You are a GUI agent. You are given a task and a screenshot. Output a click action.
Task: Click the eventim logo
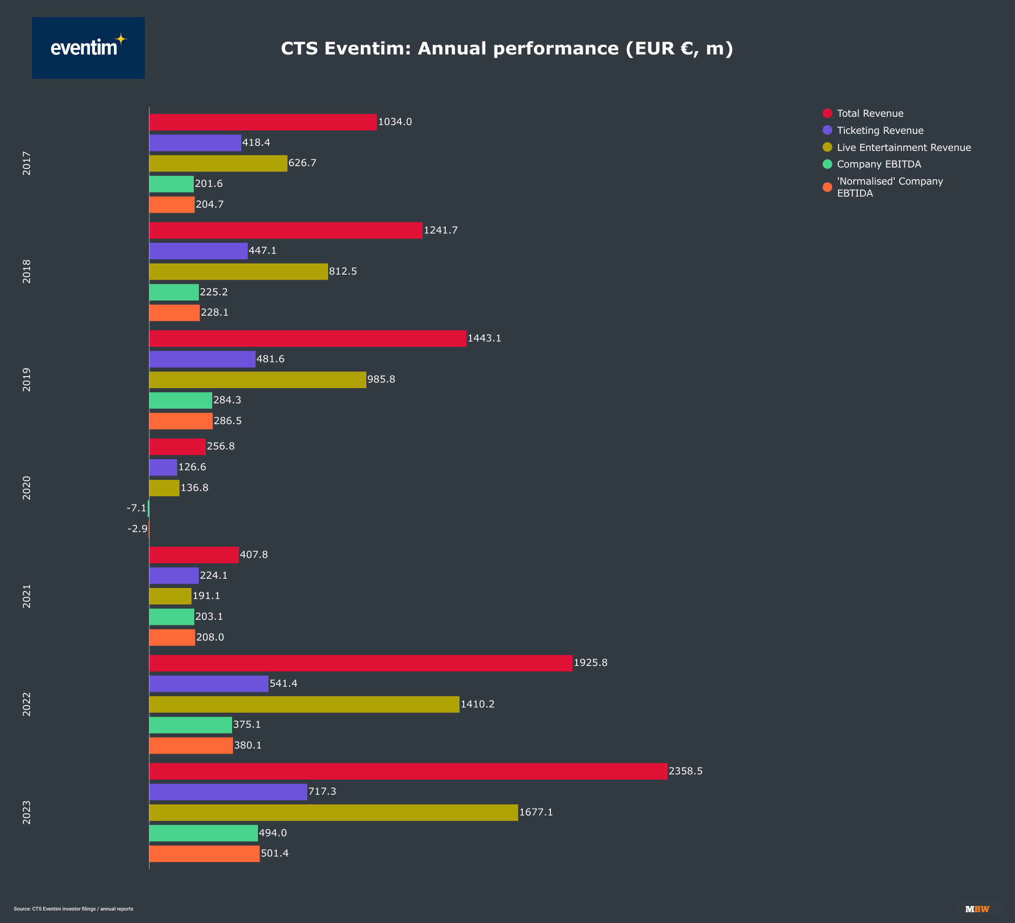click(88, 48)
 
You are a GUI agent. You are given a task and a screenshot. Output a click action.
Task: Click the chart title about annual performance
click(507, 48)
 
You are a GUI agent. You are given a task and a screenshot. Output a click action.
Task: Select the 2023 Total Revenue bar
click(408, 771)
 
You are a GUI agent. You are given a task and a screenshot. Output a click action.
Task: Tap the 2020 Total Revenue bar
click(177, 447)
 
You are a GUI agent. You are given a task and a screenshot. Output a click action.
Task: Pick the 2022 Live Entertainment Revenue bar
click(304, 704)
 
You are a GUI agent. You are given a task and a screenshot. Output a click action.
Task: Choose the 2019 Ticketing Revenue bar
click(203, 359)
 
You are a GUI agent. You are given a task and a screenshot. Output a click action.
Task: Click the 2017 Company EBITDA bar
click(171, 184)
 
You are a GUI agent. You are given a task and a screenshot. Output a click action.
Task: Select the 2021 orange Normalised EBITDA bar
click(172, 637)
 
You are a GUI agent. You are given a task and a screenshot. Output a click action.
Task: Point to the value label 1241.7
click(441, 230)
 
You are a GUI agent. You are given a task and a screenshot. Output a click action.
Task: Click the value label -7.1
click(137, 508)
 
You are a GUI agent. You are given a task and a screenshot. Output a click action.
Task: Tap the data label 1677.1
click(536, 812)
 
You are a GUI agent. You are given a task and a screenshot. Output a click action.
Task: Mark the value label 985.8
click(381, 379)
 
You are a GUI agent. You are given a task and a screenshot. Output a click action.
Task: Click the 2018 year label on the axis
click(27, 271)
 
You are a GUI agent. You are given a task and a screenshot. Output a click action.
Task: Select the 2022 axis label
click(27, 704)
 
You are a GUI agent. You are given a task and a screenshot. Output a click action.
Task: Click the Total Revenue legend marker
click(827, 113)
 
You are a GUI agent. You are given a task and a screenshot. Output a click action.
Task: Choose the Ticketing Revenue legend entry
click(879, 131)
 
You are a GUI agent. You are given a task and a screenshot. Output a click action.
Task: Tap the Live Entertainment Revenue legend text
click(904, 148)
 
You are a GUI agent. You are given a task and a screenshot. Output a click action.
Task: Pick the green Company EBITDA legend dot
click(827, 164)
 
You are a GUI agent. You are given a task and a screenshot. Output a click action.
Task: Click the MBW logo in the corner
click(977, 909)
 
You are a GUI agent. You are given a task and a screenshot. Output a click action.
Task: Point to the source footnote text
click(73, 909)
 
